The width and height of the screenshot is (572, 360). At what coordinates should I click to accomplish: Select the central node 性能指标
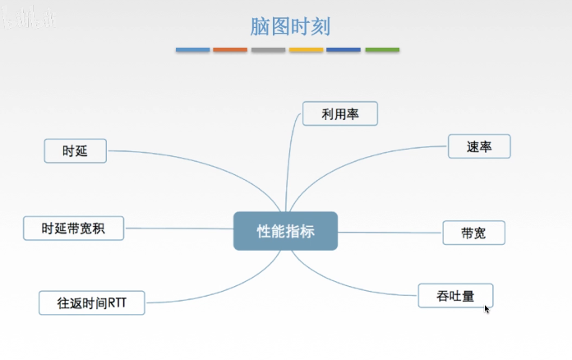coord(285,231)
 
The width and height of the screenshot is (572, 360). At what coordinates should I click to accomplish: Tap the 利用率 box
coord(340,113)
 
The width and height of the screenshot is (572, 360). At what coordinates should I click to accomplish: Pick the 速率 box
coord(479,146)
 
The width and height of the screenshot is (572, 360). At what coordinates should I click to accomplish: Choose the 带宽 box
coord(473,233)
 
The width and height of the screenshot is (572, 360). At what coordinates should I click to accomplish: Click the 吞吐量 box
coord(455,295)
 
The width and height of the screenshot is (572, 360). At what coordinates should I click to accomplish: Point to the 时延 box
coord(75,151)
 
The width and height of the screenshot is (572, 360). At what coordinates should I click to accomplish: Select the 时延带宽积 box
coord(73,228)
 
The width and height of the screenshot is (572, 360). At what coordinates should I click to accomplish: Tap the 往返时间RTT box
coord(91,302)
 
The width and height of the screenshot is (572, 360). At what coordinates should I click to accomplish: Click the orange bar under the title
coord(230,50)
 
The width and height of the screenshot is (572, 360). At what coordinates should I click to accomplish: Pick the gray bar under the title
coord(268,50)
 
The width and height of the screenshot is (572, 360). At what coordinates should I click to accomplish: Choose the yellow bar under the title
coord(306,50)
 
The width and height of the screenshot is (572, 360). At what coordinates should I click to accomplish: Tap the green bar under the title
coord(382,50)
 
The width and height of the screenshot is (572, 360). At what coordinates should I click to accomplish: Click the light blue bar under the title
coord(192,50)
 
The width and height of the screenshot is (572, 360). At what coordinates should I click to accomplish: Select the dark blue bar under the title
coord(344,50)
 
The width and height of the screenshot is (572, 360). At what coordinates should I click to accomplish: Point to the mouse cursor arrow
coord(487,309)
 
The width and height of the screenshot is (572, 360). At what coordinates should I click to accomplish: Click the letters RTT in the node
coord(131,302)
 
